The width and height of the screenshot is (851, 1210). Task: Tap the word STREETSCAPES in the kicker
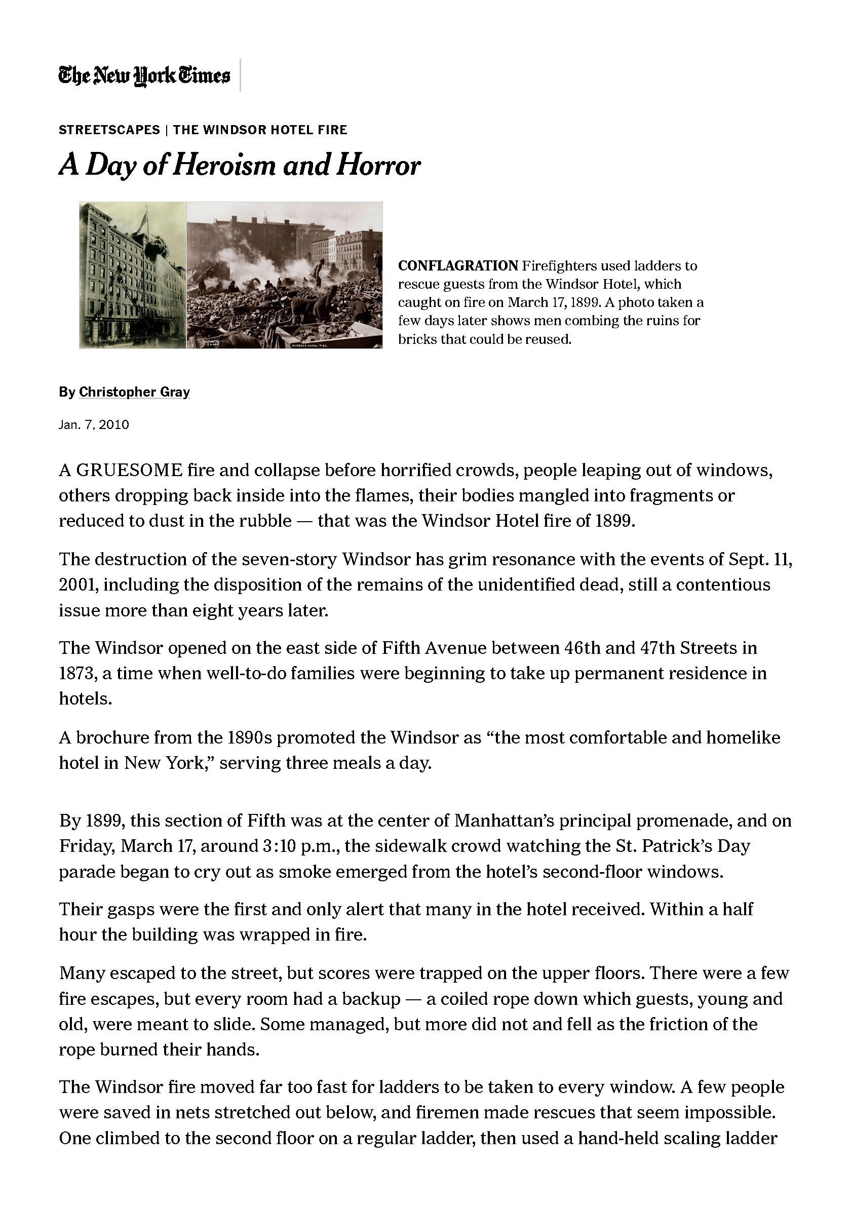point(109,130)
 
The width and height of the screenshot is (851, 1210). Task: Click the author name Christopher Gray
point(134,392)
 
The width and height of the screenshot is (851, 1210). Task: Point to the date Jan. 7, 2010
point(94,425)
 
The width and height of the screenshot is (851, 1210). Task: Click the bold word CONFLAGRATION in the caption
point(457,265)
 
